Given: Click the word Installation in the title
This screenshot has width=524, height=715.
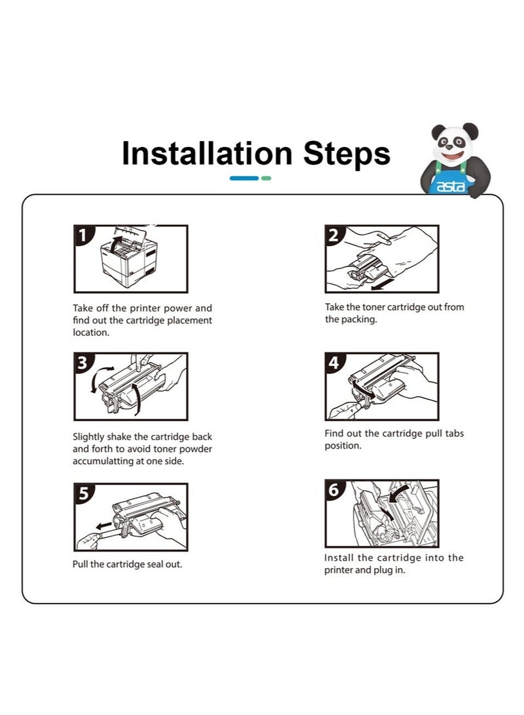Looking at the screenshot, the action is pos(207,153).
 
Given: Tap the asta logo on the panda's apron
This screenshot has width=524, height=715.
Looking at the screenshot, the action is pos(451,186).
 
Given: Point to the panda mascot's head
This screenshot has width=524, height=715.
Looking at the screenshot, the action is pos(455,142).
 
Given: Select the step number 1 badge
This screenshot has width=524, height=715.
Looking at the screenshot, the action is pos(83,235).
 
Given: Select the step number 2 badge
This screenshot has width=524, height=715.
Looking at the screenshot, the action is pos(333,235).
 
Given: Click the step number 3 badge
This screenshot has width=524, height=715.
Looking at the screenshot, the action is pos(83,363).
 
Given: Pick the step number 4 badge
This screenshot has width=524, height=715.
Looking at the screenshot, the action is pos(333,363).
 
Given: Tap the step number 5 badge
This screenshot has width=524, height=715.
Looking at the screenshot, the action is pos(83,493).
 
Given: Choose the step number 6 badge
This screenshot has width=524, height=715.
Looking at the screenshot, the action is pos(333,490).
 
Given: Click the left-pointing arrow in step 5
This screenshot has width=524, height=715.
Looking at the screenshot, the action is pos(103,525).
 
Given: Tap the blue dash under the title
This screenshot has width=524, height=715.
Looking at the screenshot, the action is pos(244,178).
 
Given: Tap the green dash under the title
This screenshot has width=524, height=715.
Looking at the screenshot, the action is pos(267,178).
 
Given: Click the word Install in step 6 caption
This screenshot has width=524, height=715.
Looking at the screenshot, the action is pos(339,558).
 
